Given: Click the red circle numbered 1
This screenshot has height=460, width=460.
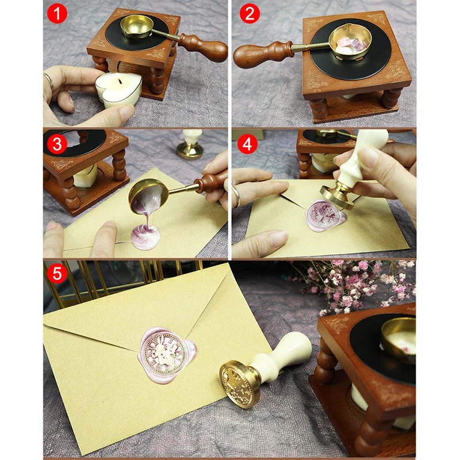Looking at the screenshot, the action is [57, 13].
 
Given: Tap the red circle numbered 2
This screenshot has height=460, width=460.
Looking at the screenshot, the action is [250, 13].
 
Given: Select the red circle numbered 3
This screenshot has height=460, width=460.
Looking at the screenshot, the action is [57, 144].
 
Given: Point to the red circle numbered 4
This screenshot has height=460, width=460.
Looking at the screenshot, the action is [247, 144].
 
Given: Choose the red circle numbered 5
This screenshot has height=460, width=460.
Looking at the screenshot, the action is [57, 274].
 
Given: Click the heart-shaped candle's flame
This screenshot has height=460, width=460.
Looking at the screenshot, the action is [120, 80].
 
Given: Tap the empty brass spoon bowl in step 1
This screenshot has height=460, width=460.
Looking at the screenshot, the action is [137, 26].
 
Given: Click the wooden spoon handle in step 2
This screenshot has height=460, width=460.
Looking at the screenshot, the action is [263, 53].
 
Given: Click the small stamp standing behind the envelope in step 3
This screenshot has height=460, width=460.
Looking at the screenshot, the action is [190, 144].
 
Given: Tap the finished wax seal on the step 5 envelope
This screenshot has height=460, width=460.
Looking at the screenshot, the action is [167, 354].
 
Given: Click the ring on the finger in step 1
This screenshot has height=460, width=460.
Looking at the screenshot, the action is [49, 80].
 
